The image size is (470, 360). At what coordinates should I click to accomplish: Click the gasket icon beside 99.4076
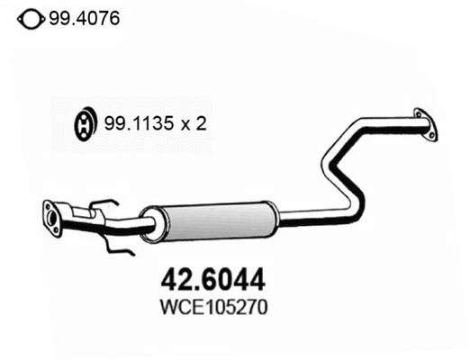pyautogui.click(x=32, y=20)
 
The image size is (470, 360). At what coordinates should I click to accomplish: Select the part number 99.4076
pyautogui.click(x=85, y=18)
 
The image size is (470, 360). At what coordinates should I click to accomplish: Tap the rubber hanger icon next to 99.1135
pyautogui.click(x=86, y=123)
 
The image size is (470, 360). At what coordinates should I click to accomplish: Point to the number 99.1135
pyautogui.click(x=139, y=123)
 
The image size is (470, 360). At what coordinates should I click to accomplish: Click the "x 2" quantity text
pyautogui.click(x=194, y=123)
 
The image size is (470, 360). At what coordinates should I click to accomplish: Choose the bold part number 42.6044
pyautogui.click(x=212, y=280)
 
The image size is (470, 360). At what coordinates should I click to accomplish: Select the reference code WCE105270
pyautogui.click(x=213, y=307)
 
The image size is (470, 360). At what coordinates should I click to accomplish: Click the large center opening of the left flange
pyautogui.click(x=52, y=218)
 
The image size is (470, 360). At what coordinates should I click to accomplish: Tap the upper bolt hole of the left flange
pyautogui.click(x=47, y=206)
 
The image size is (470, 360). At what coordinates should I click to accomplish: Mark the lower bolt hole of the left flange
pyautogui.click(x=56, y=230)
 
